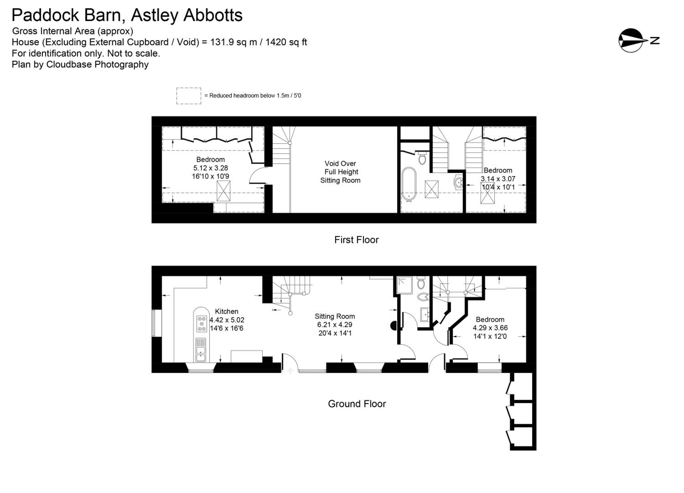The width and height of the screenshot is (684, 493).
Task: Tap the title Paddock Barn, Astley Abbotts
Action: (127, 15)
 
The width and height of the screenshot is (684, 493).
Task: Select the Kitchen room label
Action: (226, 311)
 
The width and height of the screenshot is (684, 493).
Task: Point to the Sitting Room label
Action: (335, 316)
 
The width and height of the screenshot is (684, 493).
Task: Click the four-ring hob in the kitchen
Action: (202, 324)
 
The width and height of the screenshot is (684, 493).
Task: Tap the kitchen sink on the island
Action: (201, 350)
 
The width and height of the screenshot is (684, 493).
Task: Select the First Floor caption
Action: (356, 240)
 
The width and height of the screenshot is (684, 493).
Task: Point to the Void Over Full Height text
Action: (340, 168)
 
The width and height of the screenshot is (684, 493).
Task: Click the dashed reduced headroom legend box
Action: (189, 96)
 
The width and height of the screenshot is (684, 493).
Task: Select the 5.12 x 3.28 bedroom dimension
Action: (210, 168)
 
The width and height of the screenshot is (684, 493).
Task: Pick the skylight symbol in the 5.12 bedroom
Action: (223, 191)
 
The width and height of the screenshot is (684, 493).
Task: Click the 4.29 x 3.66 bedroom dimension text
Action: (490, 328)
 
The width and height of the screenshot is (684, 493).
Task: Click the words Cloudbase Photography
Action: (97, 64)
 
